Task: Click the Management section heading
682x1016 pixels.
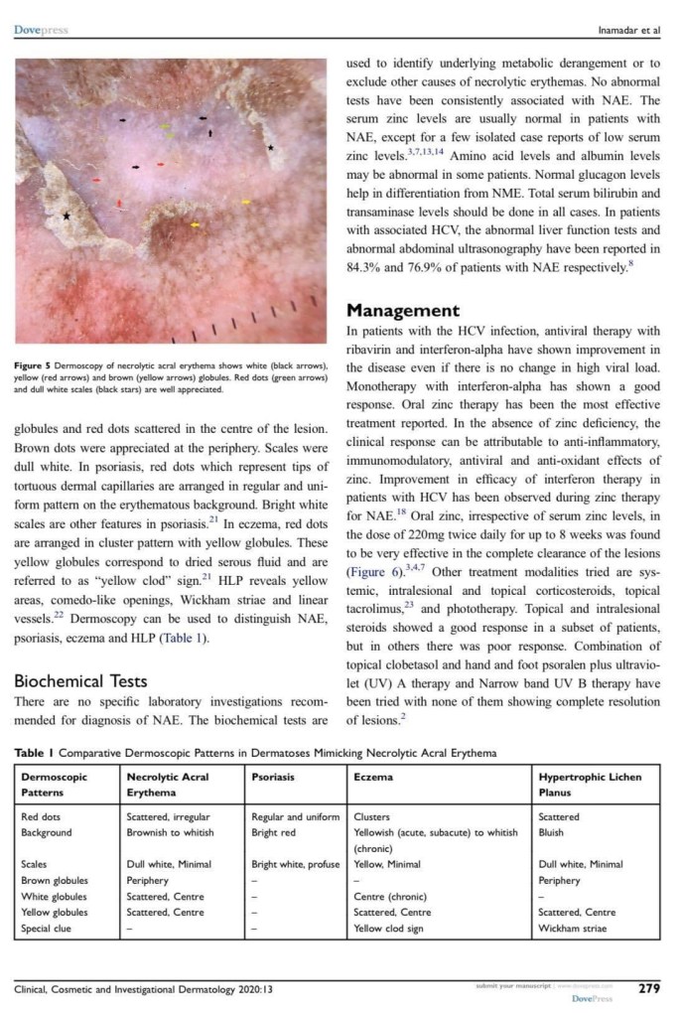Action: click(402, 311)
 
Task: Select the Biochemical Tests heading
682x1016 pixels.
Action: click(80, 681)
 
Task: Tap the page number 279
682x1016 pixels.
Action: click(649, 989)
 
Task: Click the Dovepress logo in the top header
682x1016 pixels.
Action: click(41, 30)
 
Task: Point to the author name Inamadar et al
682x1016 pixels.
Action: click(627, 30)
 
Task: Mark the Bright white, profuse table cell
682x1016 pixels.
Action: click(295, 864)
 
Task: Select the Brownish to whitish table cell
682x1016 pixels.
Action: click(170, 832)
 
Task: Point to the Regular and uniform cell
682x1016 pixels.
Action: click(295, 816)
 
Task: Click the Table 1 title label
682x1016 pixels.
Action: click(35, 753)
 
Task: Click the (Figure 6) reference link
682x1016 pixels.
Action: click(374, 572)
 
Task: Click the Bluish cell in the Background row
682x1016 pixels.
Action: click(553, 832)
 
